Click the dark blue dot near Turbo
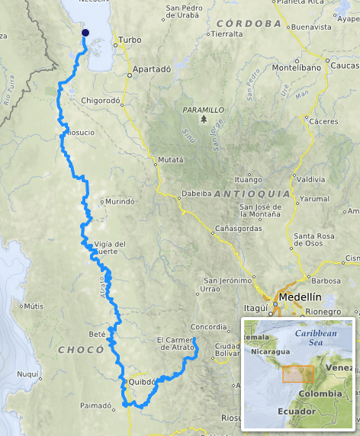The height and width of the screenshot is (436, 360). coord(85,32)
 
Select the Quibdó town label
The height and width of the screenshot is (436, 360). coord(142,383)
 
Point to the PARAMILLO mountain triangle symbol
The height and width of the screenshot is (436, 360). coord(204,120)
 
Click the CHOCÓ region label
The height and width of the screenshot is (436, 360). coord(80,349)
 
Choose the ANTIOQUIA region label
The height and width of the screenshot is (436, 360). coord(252,194)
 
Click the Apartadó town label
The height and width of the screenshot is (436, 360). coord(151,69)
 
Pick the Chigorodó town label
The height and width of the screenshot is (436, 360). coord(101,100)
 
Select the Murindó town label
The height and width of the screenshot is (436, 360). coord(120,202)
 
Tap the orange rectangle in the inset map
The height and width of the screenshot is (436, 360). coord(297,373)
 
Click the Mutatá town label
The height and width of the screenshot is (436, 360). coord(170,160)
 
